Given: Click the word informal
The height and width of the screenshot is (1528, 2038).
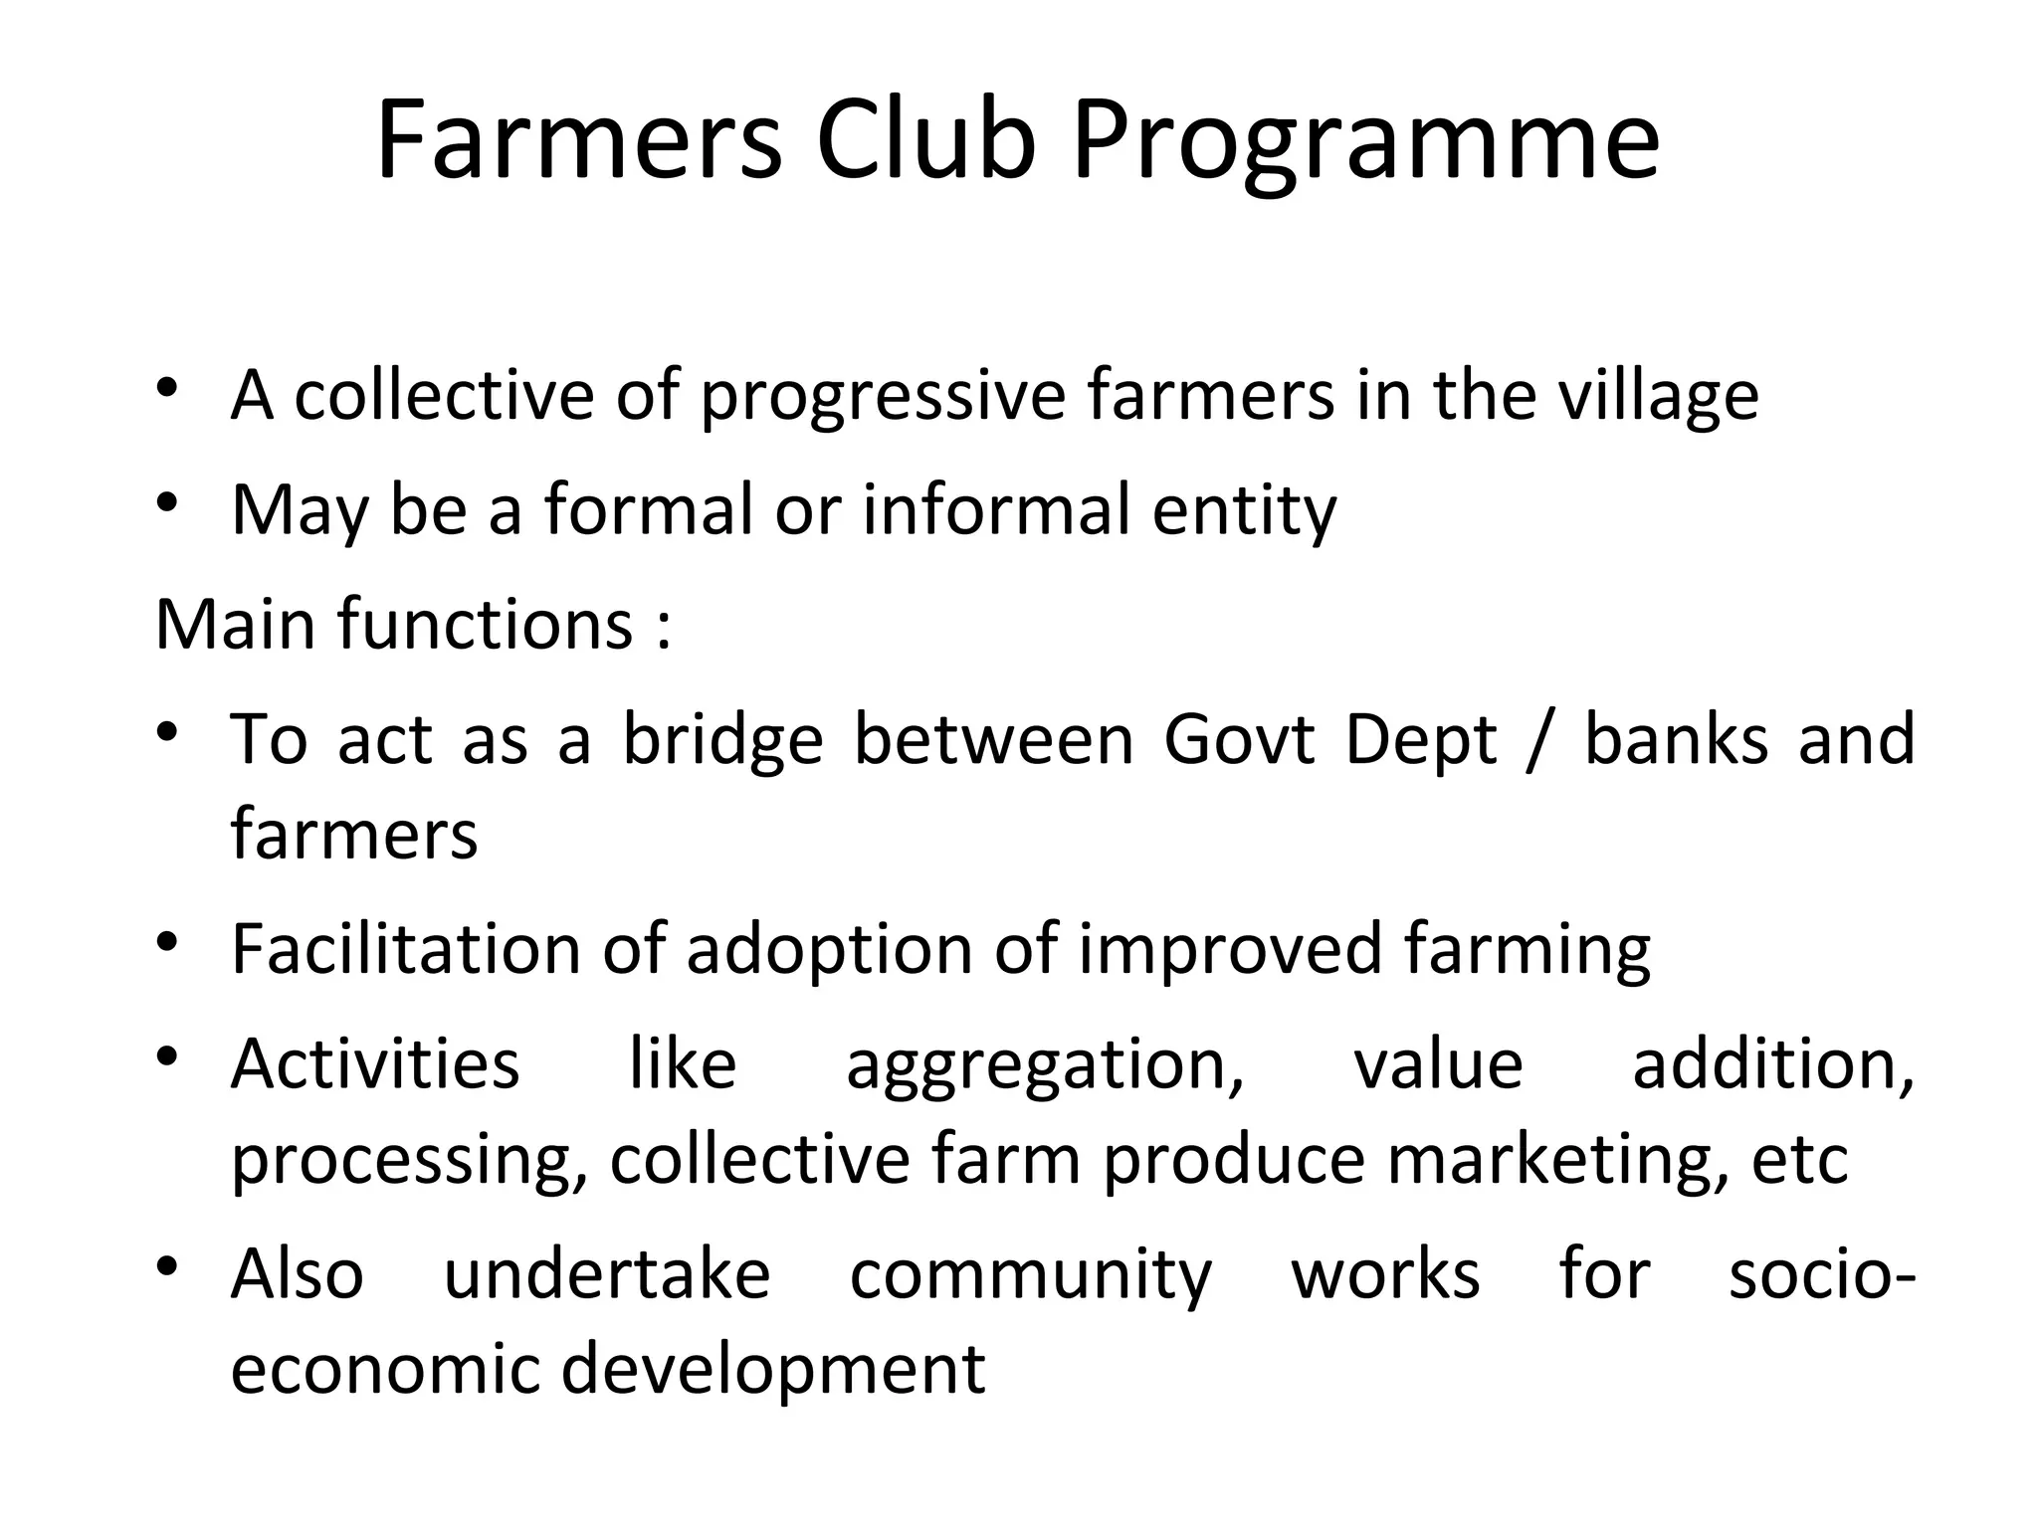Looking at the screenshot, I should click(996, 509).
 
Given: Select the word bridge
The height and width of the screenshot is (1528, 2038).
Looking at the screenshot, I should click(723, 740).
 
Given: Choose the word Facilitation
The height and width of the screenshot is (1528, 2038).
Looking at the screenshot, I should click(405, 949).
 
